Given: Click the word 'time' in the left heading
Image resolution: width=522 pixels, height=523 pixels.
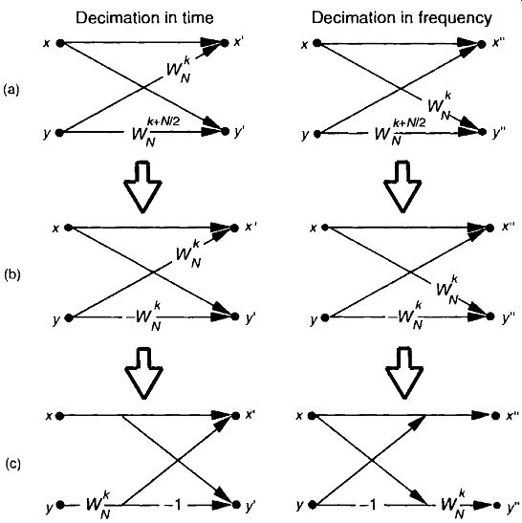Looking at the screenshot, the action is pyautogui.click(x=197, y=18).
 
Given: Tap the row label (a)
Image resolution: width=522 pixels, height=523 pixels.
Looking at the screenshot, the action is pyautogui.click(x=11, y=89).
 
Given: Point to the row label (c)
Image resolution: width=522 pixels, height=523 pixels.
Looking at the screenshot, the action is pyautogui.click(x=13, y=464).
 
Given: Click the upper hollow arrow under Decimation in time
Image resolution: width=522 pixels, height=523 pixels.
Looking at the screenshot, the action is pyautogui.click(x=142, y=186).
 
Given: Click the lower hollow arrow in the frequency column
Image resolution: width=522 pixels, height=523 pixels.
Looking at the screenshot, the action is pyautogui.click(x=404, y=374).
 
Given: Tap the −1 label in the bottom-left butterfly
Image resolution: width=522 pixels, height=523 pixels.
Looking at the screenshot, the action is pyautogui.click(x=173, y=506).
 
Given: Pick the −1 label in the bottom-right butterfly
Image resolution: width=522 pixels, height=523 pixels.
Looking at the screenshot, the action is pyautogui.click(x=368, y=505).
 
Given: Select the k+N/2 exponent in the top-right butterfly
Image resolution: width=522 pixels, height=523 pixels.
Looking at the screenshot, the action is pyautogui.click(x=409, y=122).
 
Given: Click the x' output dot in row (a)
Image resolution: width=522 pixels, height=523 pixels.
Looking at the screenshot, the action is pyautogui.click(x=225, y=43).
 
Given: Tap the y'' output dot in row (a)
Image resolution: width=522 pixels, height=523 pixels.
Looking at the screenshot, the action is pyautogui.click(x=482, y=132).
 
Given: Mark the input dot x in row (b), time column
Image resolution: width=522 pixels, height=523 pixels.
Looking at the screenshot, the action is pyautogui.click(x=69, y=228).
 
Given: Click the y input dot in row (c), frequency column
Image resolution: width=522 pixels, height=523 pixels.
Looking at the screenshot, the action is pyautogui.click(x=313, y=505).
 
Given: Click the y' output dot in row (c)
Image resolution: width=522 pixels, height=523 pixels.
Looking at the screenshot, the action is pyautogui.click(x=236, y=505).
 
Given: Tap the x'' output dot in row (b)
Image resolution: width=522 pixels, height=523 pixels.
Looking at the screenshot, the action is pyautogui.click(x=490, y=229).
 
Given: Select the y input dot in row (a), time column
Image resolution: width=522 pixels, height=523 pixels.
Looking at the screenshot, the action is pyautogui.click(x=59, y=133).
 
